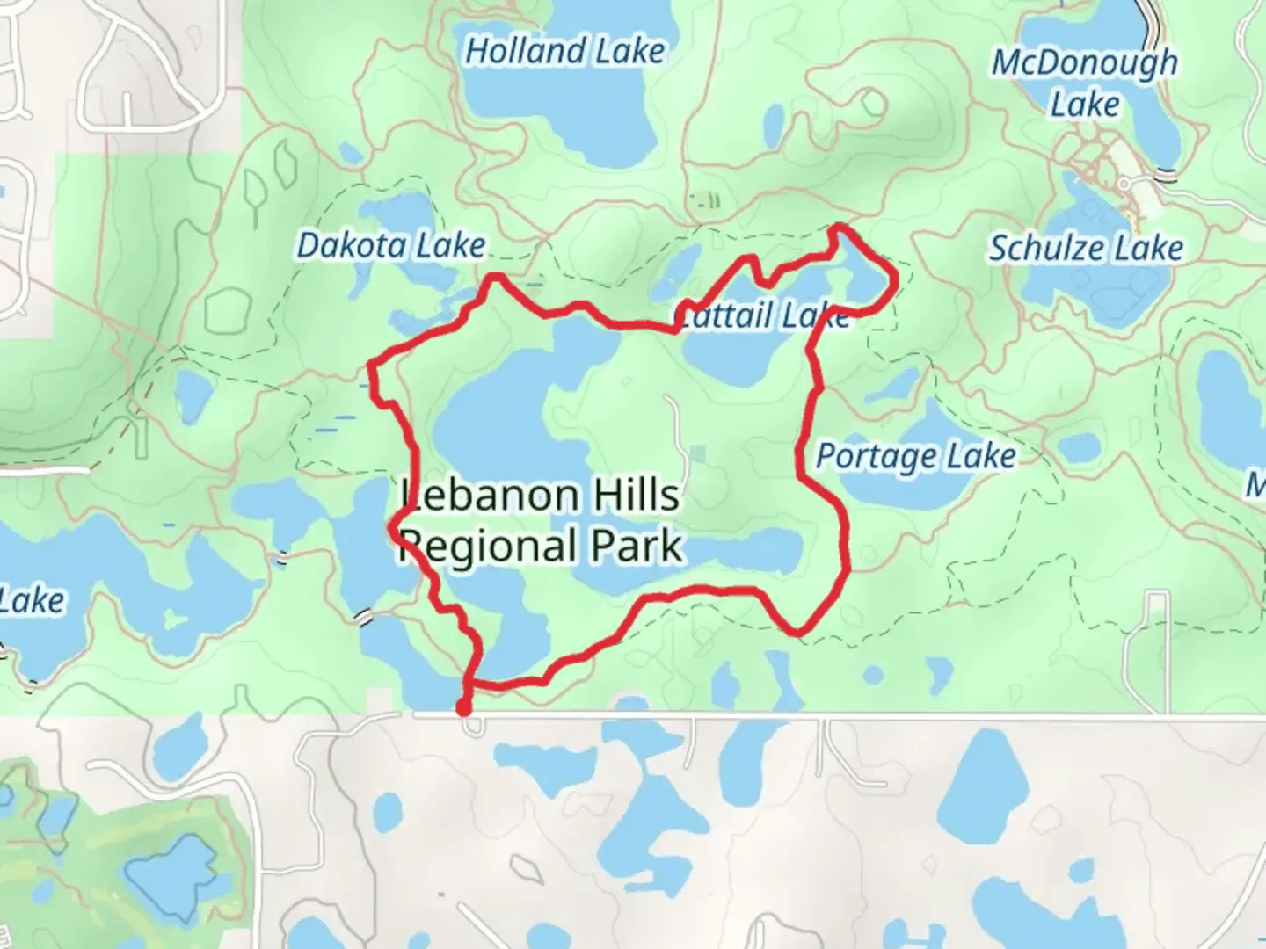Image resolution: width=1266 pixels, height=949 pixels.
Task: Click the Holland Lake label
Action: click(564, 51)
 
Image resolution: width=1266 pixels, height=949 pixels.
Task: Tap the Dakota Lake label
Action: click(390, 246)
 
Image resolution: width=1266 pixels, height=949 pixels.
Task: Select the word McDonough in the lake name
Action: click(1085, 63)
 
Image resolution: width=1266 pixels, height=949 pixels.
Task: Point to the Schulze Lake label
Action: click(1086, 249)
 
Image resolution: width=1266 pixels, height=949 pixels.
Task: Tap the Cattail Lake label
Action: click(763, 315)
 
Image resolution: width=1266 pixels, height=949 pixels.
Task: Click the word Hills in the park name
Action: click(637, 496)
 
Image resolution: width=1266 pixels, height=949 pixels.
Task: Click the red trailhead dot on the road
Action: click(463, 708)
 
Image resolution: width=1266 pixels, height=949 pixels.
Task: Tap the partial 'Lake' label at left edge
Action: click(32, 601)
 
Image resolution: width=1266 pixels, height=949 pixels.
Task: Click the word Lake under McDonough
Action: click(1085, 105)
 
